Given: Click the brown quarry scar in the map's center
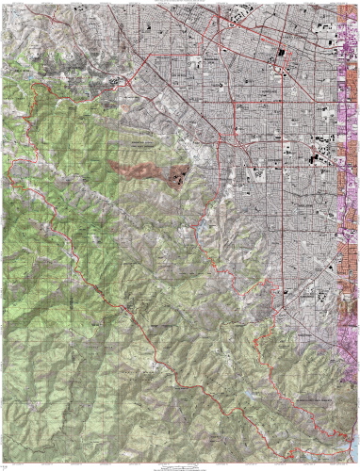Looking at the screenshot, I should coord(139,170).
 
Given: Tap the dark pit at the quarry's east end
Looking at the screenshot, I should coord(178,176).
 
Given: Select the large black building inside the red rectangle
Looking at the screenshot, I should coord(281,54).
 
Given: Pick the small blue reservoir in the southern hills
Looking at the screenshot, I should coord(247,393).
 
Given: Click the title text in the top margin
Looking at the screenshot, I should coord(180,3).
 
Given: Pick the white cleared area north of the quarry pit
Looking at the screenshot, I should coord(193,151).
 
